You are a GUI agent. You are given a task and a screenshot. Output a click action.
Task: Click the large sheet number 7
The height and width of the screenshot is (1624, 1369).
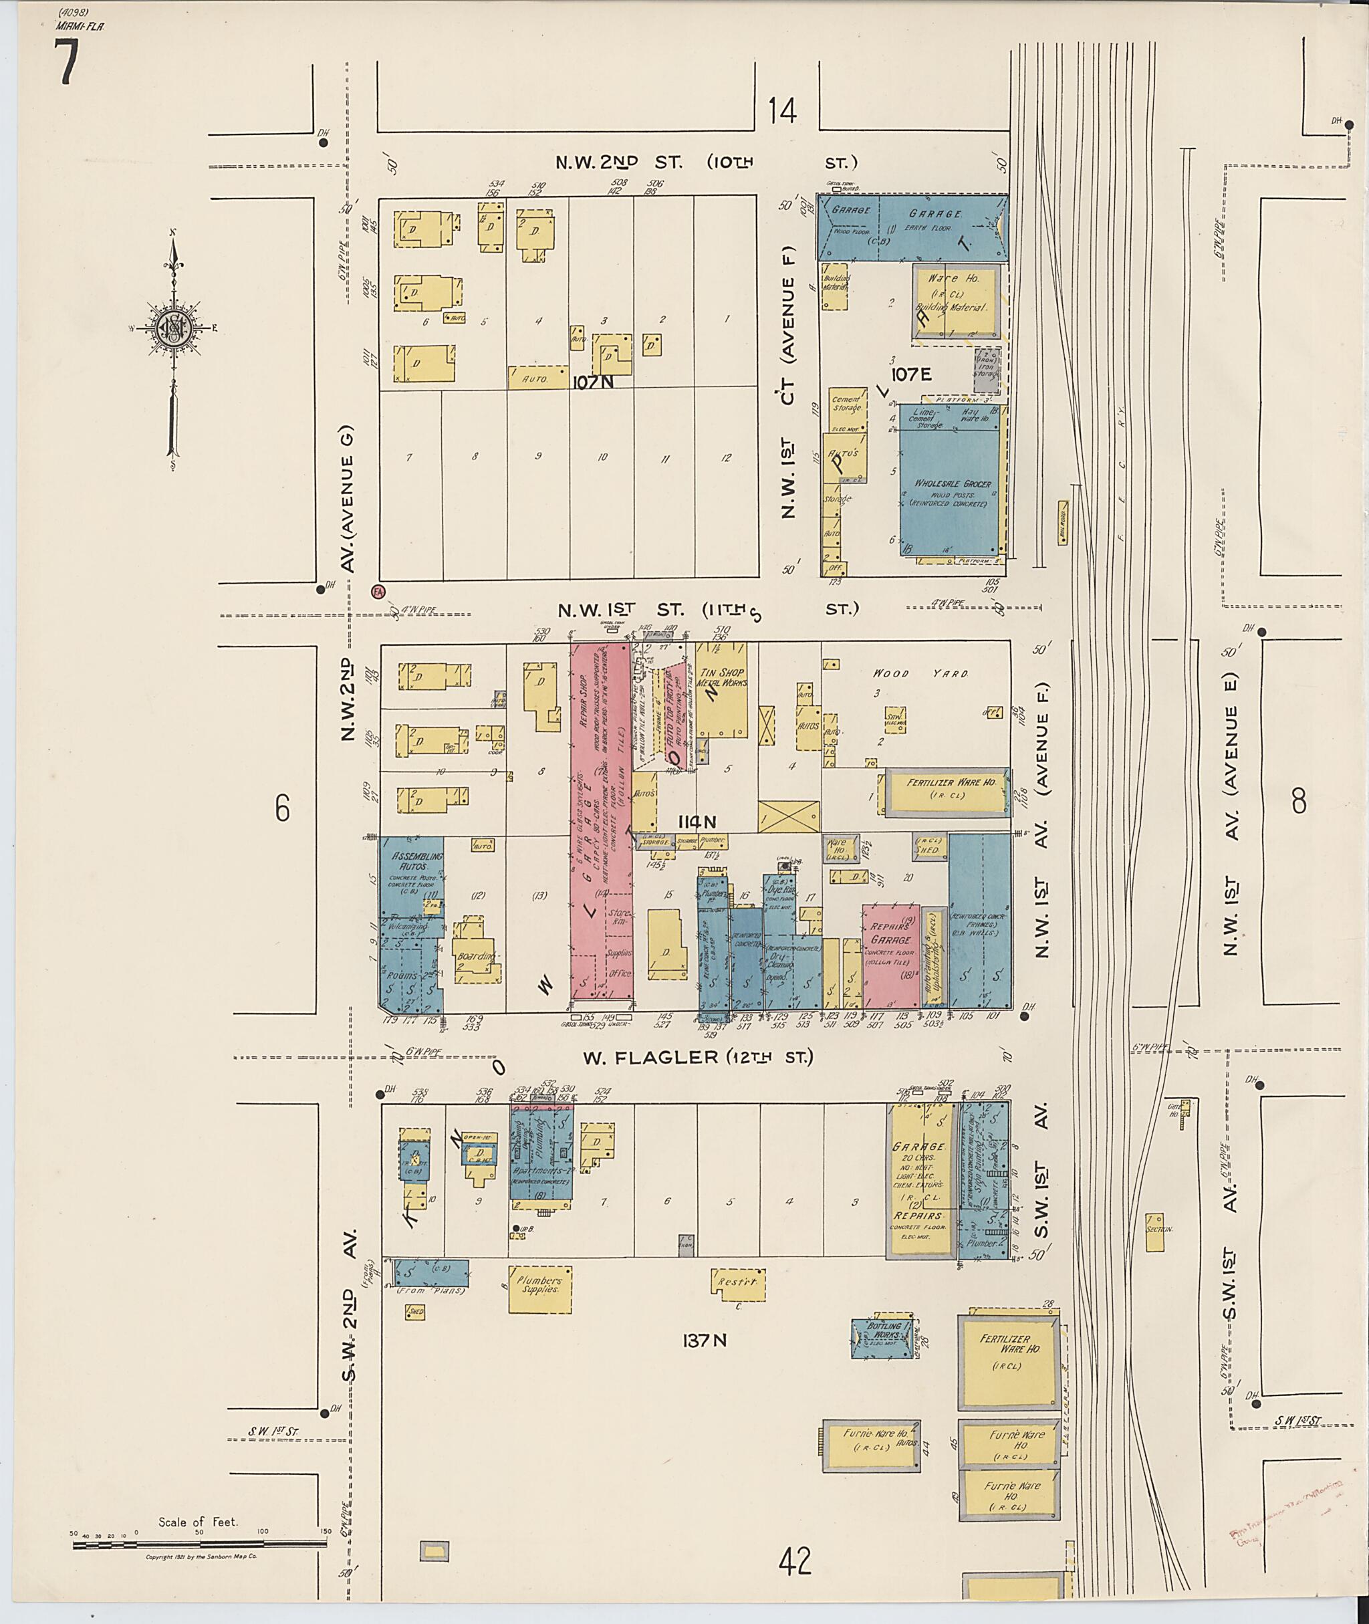pos(67,62)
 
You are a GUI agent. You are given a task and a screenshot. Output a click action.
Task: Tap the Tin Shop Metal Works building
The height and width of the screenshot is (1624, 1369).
pos(722,689)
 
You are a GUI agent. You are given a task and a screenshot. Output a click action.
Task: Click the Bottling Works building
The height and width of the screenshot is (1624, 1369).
pos(881,1338)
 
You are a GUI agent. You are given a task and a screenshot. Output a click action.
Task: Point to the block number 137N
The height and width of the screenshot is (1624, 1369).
pos(704,1340)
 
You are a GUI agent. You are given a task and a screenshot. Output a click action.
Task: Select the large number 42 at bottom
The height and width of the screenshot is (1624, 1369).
pos(796,1560)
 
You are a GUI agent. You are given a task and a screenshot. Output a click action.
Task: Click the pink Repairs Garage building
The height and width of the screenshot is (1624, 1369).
pos(890,955)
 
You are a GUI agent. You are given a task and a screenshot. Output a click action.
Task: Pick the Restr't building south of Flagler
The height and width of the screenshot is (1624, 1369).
pos(737,1282)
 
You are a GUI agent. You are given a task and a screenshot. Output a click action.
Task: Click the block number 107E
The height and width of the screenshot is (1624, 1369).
pos(911,374)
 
